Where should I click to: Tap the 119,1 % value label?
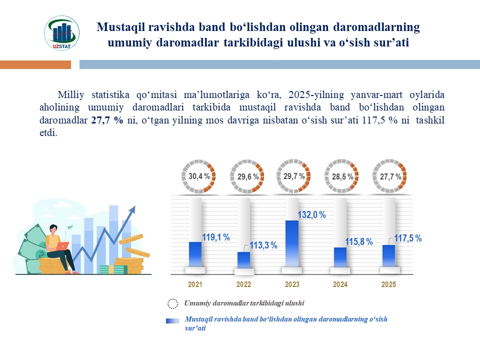pyautogui.click(x=215, y=237)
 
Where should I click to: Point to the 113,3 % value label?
pyautogui.click(x=263, y=246)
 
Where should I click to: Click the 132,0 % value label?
pyautogui.click(x=311, y=215)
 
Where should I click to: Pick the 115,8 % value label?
pyautogui.click(x=359, y=242)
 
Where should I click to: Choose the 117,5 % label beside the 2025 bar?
pyautogui.click(x=408, y=238)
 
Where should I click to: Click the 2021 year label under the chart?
pyautogui.click(x=195, y=284)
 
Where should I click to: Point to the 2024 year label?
pyautogui.click(x=340, y=284)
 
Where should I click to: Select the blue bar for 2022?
pyautogui.click(x=243, y=259)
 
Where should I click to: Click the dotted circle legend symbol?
pyautogui.click(x=172, y=303)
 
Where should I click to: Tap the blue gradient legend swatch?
pyautogui.click(x=172, y=321)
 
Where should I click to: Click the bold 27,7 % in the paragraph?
pyautogui.click(x=107, y=120)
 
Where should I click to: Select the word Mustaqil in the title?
pyautogui.click(x=118, y=26)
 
